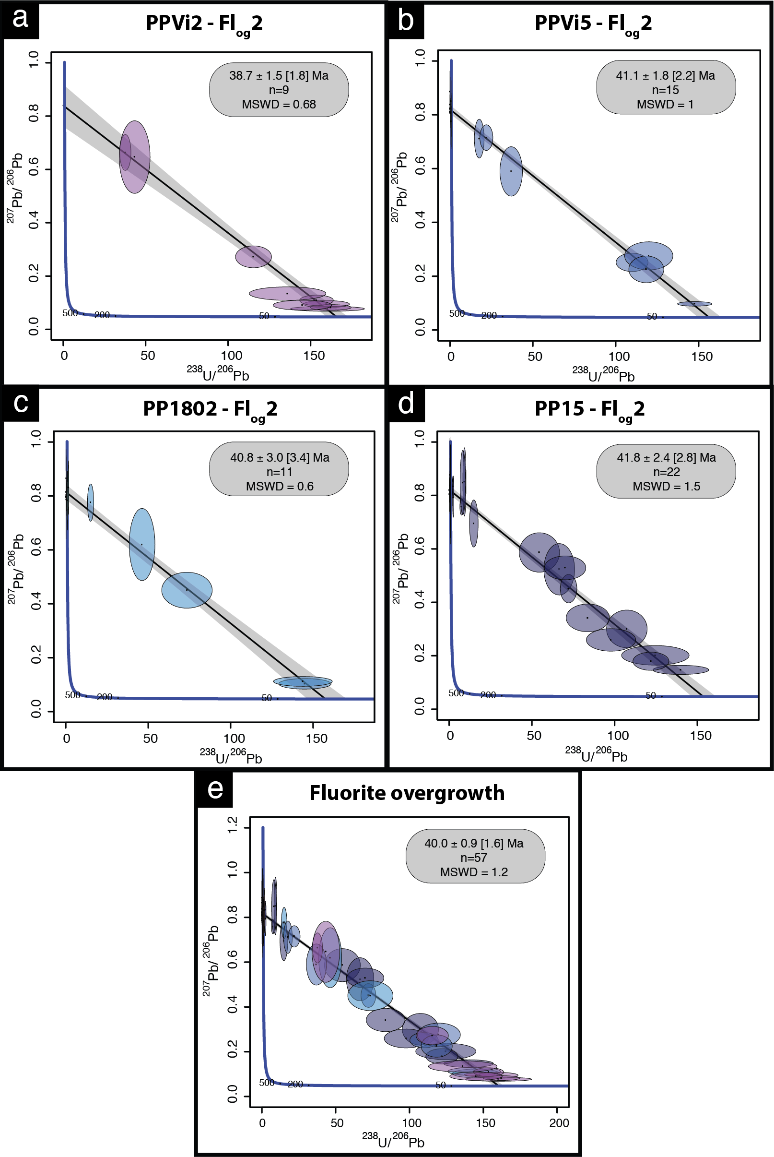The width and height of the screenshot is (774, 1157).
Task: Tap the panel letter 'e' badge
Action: [215, 789]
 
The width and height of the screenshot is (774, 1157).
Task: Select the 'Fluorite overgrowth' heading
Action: [407, 793]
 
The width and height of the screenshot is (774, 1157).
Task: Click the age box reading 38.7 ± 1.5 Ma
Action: [279, 89]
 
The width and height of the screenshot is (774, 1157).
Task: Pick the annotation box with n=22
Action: [666, 472]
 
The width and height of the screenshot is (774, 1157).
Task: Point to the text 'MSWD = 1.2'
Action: [474, 872]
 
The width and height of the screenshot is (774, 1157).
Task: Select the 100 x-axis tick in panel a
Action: [231, 356]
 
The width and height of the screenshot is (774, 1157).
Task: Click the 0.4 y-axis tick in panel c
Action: [36, 603]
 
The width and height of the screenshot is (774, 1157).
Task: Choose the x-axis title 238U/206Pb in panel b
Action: [603, 374]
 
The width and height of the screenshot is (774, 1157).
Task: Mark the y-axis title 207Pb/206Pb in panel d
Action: [401, 568]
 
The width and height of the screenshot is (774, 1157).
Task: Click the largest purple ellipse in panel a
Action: [135, 157]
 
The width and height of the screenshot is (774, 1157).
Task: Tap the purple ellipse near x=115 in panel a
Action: [253, 257]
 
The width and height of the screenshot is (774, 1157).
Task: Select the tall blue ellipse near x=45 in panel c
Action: [142, 544]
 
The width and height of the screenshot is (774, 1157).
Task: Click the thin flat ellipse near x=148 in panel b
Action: [694, 304]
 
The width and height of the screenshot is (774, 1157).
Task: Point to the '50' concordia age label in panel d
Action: [651, 695]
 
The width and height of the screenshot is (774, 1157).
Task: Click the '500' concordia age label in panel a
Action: [70, 313]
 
